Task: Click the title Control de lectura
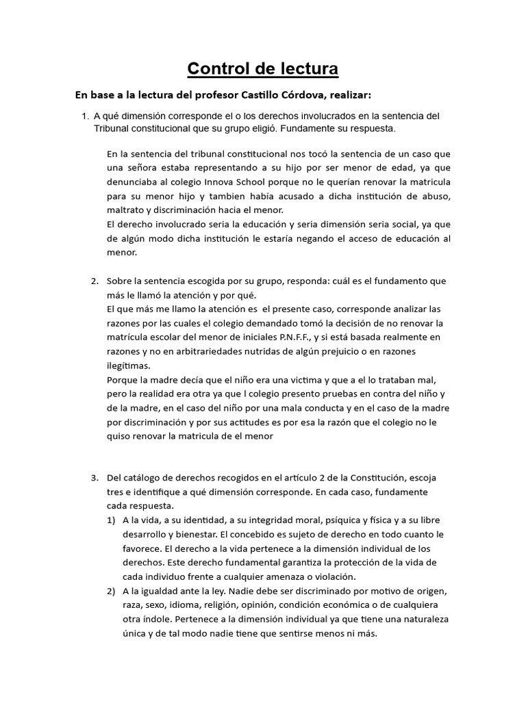coord(262,69)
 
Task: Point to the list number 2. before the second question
coord(95,281)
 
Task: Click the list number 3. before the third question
coord(95,477)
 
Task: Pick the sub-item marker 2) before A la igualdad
coord(110,591)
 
